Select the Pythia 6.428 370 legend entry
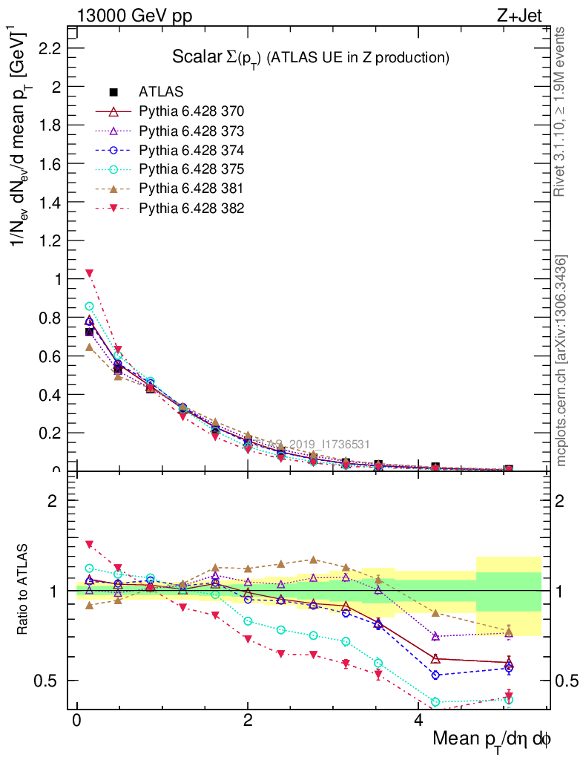[191, 111]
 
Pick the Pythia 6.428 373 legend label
[191, 131]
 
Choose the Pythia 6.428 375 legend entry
[191, 169]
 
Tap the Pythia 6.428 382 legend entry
[191, 208]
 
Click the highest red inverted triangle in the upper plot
[89, 273]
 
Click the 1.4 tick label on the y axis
[48, 202]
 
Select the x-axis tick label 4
[418, 721]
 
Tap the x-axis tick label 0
[76, 721]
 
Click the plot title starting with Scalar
[311, 57]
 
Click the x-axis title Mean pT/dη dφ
[492, 740]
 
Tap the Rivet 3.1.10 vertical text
[561, 111]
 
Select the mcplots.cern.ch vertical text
[562, 361]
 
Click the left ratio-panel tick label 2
[53, 500]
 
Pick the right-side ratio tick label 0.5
[567, 681]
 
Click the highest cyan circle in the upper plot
[90, 306]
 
